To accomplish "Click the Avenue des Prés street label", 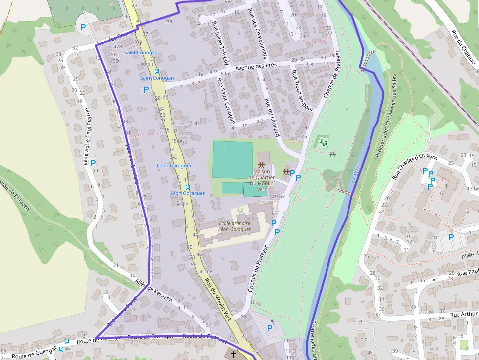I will click(256, 65).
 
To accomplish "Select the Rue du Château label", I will click(463, 47).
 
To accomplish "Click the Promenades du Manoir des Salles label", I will click(386, 116).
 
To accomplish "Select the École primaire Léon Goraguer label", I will click(235, 226).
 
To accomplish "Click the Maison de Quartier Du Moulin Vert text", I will click(261, 180).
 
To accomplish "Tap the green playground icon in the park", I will click(323, 142).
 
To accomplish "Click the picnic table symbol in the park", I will click(333, 154).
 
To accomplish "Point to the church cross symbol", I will click(234, 354).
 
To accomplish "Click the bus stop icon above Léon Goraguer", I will click(187, 187).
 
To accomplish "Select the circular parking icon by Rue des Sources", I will click(83, 28).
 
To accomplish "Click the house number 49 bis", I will click(278, 196).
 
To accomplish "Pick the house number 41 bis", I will click(206, 271).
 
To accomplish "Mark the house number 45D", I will click(114, 61).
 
